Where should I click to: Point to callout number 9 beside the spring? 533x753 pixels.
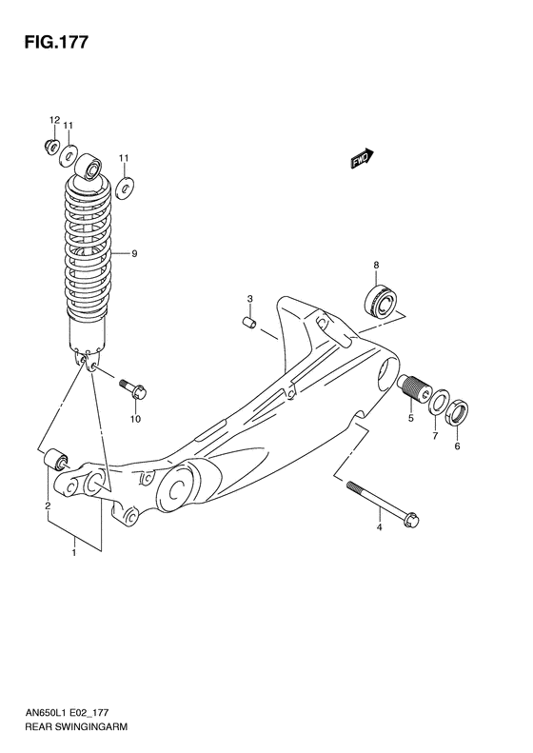pyautogui.click(x=134, y=253)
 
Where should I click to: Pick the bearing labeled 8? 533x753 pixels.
pyautogui.click(x=381, y=298)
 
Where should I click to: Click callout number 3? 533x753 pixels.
pyautogui.click(x=249, y=300)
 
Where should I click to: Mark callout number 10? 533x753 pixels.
pyautogui.click(x=135, y=419)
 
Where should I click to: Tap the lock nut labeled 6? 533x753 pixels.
pyautogui.click(x=457, y=412)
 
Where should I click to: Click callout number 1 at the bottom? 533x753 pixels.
pyautogui.click(x=74, y=550)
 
